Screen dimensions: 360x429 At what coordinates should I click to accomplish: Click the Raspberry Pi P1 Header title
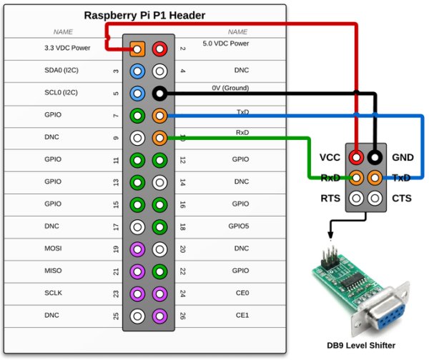(x=144, y=15)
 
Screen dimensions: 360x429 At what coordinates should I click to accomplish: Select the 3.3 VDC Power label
(x=66, y=49)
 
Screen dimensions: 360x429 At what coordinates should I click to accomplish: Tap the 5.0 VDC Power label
(x=225, y=44)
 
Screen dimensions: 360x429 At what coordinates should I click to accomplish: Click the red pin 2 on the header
(x=160, y=49)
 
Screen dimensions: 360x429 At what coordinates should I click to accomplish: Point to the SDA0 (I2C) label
(x=60, y=71)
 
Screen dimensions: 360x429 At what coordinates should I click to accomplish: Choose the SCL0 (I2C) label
(x=60, y=93)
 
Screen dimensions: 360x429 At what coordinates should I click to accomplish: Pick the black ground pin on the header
(x=160, y=93)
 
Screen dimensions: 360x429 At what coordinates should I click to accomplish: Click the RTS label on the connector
(x=330, y=198)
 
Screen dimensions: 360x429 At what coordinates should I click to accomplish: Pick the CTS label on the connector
(x=402, y=198)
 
